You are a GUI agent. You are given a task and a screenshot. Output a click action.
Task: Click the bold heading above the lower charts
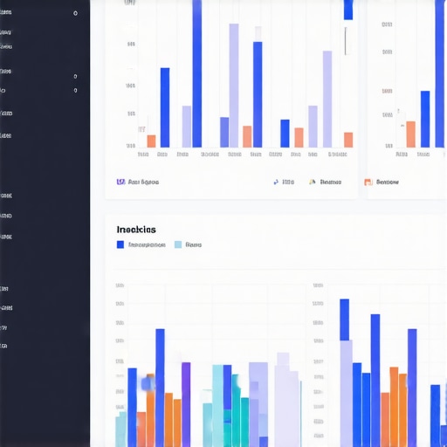[x=136, y=229]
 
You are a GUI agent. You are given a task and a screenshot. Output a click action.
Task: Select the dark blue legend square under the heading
[x=120, y=245]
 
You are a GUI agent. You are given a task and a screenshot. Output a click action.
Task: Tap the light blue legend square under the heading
[x=179, y=245]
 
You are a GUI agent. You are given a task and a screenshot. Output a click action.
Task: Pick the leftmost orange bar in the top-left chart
[x=151, y=141]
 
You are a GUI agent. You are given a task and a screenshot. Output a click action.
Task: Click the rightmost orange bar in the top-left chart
[x=348, y=140]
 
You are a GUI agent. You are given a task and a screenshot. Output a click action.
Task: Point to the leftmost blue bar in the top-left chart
[x=165, y=107]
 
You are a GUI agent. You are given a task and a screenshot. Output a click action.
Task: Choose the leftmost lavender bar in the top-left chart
[x=186, y=126]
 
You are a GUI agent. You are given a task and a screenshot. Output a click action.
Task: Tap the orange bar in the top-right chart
[x=410, y=134]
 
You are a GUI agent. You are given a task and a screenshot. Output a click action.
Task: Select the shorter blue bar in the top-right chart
[x=425, y=118]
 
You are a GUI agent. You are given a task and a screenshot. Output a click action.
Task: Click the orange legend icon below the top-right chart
[x=368, y=182]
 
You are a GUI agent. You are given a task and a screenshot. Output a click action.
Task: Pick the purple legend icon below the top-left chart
[x=120, y=182]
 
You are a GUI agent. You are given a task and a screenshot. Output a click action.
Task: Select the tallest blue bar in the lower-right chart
[x=344, y=371]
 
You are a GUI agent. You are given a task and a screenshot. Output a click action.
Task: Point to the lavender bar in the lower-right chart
[x=347, y=393]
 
